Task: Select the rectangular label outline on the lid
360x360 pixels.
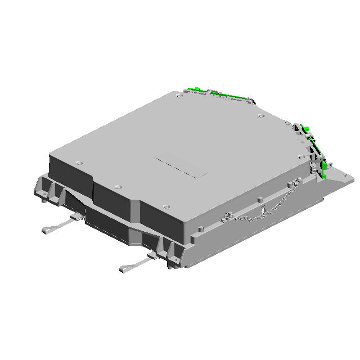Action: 181,167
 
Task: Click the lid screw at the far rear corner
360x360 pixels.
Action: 179,96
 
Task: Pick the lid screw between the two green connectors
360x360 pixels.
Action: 260,116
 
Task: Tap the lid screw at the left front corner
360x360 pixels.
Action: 78,163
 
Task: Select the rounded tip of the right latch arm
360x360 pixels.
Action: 123,269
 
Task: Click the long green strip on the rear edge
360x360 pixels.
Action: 225,96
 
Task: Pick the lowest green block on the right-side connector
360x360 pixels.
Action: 325,175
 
